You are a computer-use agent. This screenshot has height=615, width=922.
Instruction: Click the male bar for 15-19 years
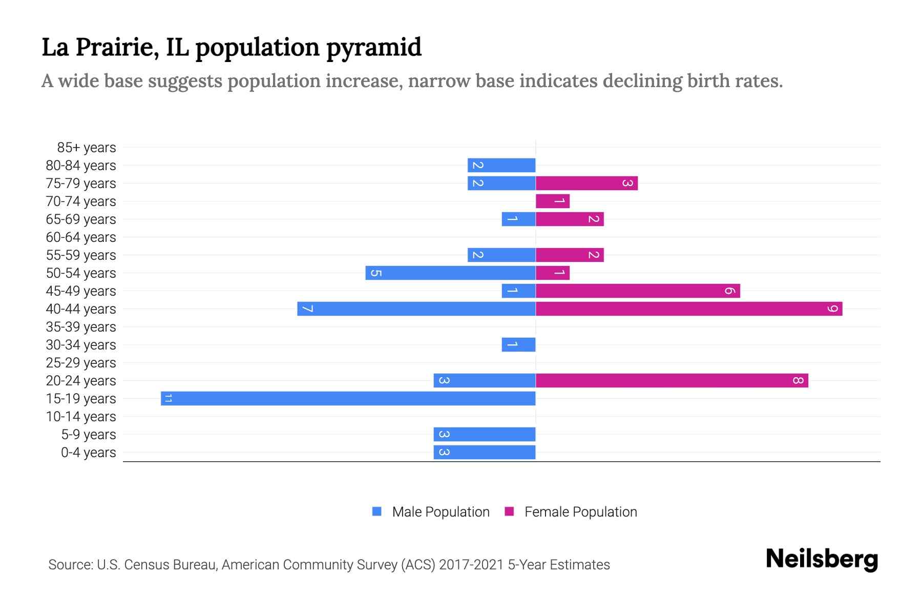348,398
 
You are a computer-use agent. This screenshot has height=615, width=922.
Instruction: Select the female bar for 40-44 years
689,309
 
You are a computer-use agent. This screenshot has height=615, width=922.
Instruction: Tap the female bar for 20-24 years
672,380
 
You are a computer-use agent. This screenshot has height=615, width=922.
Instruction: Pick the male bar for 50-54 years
450,273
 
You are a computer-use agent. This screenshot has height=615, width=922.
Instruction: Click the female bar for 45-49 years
638,291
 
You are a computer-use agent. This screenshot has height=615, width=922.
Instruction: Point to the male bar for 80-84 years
501,165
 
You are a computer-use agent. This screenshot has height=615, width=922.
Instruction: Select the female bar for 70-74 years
553,201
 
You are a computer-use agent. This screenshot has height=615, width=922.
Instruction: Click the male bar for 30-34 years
518,344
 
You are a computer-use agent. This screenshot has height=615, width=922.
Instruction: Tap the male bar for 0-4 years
485,452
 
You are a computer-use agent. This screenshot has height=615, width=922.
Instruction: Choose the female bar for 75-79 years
586,183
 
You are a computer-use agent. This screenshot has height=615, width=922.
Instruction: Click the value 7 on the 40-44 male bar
307,309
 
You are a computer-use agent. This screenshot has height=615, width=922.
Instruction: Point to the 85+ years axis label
87,148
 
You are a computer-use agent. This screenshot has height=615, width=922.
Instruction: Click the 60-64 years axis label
81,237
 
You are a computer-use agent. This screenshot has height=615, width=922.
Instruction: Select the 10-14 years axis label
81,417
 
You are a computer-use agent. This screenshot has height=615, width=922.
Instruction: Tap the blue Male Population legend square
377,511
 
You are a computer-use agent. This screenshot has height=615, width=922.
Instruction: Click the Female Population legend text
580,511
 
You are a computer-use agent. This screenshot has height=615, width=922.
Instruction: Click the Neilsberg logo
822,559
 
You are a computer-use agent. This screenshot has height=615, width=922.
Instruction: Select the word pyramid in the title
374,47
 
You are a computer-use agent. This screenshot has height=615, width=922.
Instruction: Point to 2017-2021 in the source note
471,565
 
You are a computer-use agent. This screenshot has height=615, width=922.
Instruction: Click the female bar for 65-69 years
570,219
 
